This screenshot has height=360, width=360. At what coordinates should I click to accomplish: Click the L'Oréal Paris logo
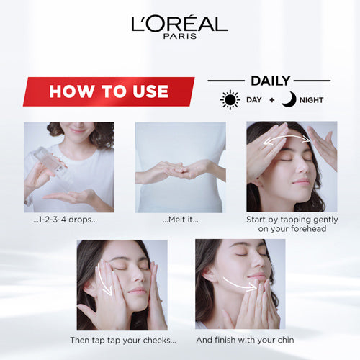point(180,27)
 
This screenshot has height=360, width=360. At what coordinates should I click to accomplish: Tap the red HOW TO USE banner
point(109,91)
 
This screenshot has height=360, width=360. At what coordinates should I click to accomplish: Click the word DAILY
point(271,81)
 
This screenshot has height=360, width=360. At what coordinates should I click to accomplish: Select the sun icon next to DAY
point(230,100)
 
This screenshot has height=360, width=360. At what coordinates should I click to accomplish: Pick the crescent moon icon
point(289,99)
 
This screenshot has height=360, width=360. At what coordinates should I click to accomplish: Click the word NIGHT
point(311,100)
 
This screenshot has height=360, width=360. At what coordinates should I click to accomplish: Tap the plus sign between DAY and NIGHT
point(272,100)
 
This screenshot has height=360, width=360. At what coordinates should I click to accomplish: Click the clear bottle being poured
point(52,164)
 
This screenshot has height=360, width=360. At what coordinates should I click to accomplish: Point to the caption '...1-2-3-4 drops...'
point(66,220)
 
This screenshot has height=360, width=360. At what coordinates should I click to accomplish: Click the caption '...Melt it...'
point(181,220)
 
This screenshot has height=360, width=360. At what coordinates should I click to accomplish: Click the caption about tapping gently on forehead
point(292,224)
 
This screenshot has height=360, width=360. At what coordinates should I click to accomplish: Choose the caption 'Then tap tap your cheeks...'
point(123,341)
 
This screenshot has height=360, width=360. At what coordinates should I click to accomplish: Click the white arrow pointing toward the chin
point(240,284)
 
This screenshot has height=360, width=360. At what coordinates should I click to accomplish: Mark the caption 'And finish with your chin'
point(245,340)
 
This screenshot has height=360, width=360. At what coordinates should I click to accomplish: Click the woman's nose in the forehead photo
point(303,166)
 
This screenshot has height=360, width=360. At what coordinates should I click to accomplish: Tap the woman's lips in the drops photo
point(77,130)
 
